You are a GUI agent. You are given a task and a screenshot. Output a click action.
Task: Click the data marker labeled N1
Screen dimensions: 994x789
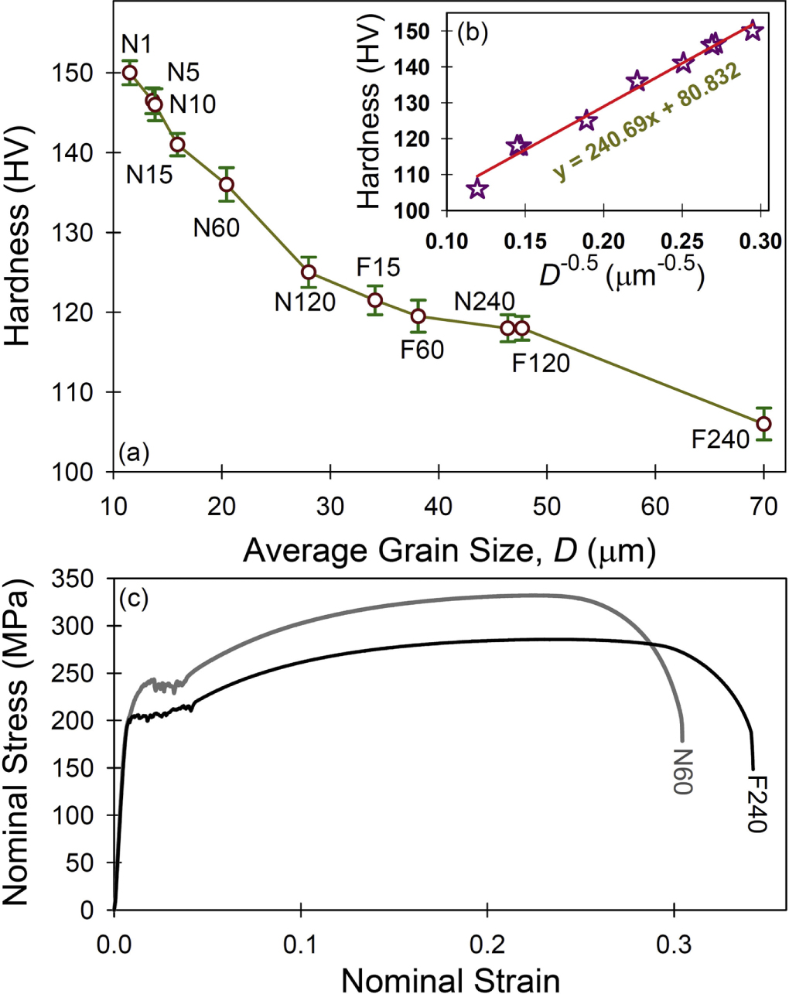pos(130,73)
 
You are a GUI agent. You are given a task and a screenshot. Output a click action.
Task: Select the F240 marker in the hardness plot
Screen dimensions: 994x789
pos(763,424)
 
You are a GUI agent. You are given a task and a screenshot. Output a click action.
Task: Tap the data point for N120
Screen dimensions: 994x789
pos(309,272)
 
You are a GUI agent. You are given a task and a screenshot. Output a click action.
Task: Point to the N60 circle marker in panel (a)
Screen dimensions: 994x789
pos(227,184)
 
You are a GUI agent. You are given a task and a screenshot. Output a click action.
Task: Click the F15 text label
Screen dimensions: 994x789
pos(378,268)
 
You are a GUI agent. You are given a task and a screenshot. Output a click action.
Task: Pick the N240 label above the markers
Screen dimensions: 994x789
pos(484,302)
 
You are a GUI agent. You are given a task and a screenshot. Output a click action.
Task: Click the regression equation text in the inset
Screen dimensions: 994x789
pos(647,123)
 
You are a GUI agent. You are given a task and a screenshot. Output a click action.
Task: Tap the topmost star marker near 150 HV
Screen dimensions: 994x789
pos(753,31)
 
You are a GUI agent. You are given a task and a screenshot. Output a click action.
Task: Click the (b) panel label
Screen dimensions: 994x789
pos(473,35)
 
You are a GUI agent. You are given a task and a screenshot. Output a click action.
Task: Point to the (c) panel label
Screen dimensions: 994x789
pos(132,597)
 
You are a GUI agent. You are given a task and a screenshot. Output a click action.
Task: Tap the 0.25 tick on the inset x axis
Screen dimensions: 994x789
pos(681,241)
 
